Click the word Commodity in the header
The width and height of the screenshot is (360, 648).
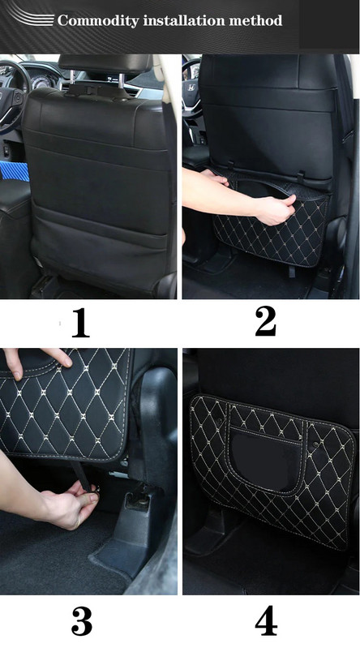pos(97,20)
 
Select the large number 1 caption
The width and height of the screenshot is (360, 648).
pos(80,322)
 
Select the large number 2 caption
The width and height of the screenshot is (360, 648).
pos(265,321)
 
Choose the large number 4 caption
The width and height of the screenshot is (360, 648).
pos(266,621)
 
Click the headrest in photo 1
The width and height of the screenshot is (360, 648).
pos(105,65)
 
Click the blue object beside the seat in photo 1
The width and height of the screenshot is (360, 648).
pos(15,171)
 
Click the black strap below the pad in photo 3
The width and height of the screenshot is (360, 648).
pos(80,475)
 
